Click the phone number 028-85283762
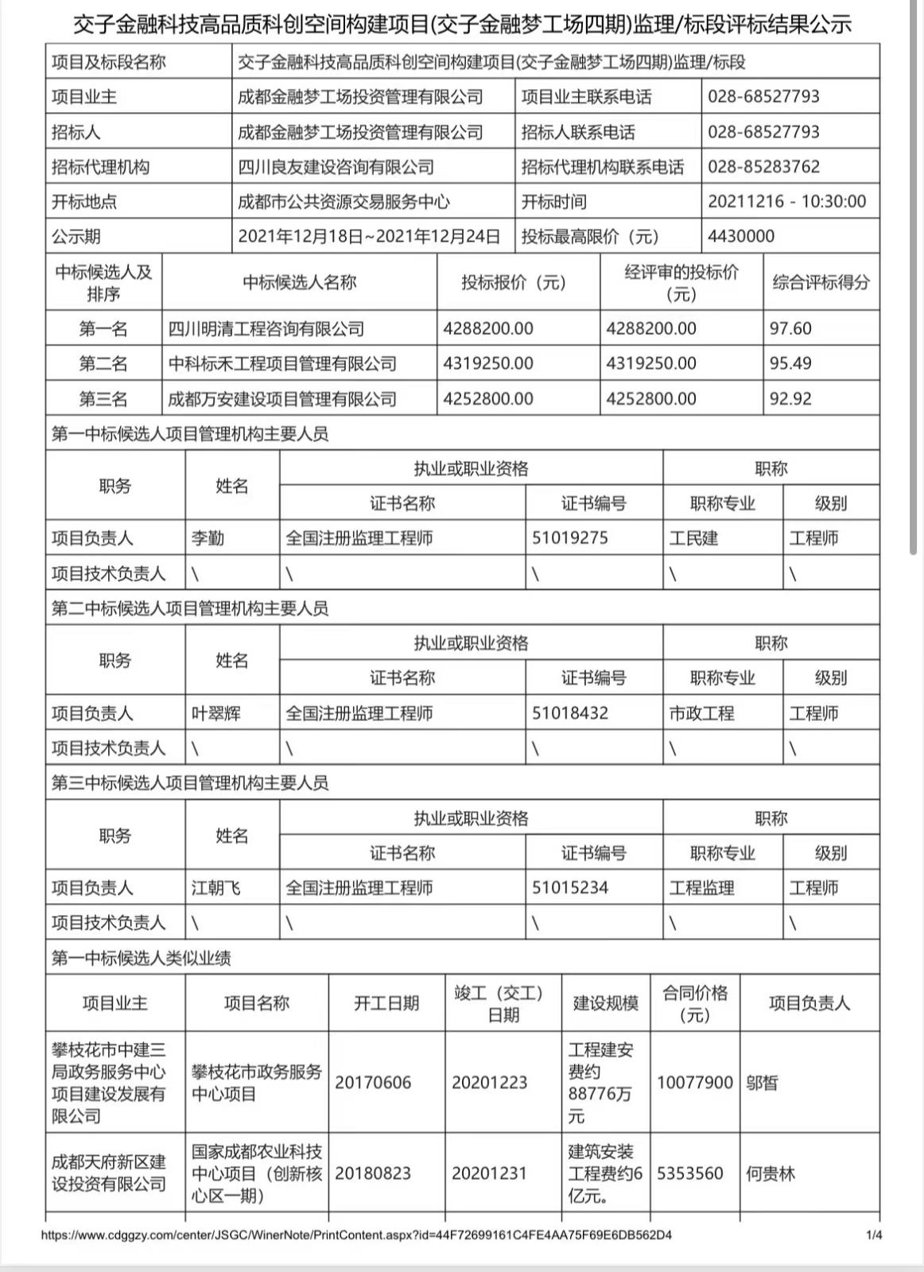point(763,167)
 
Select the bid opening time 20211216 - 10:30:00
point(786,202)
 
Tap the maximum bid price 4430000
point(740,237)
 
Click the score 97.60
point(790,328)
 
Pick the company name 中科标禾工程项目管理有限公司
point(282,364)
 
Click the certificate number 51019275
point(570,538)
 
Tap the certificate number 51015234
point(570,888)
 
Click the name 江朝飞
point(215,888)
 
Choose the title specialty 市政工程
point(701,713)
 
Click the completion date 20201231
point(489,1173)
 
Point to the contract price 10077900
point(694,1082)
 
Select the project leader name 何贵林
point(771,1173)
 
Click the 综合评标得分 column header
point(821,282)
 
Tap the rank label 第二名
point(103,364)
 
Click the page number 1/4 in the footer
point(874,1235)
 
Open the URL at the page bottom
point(356,1235)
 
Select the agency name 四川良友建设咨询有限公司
point(336,167)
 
